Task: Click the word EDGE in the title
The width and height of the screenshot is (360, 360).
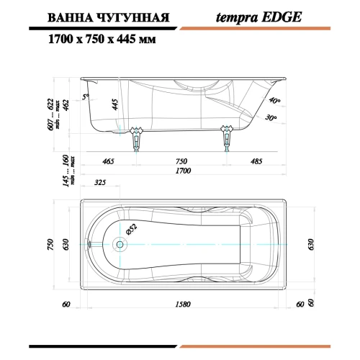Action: (x=282, y=17)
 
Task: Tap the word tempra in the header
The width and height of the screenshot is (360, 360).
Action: (x=237, y=18)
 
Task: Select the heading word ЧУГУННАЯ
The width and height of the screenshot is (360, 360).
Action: (x=134, y=18)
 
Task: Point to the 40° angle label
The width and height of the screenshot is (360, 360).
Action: (x=274, y=100)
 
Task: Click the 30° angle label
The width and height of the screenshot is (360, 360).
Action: (x=271, y=117)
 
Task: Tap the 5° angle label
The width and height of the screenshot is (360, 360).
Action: (x=86, y=96)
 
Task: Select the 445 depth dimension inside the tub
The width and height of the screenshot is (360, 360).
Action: (x=115, y=104)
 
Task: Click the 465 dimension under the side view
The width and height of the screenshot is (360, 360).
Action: (x=108, y=161)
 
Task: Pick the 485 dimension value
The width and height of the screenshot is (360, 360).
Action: (x=256, y=161)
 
